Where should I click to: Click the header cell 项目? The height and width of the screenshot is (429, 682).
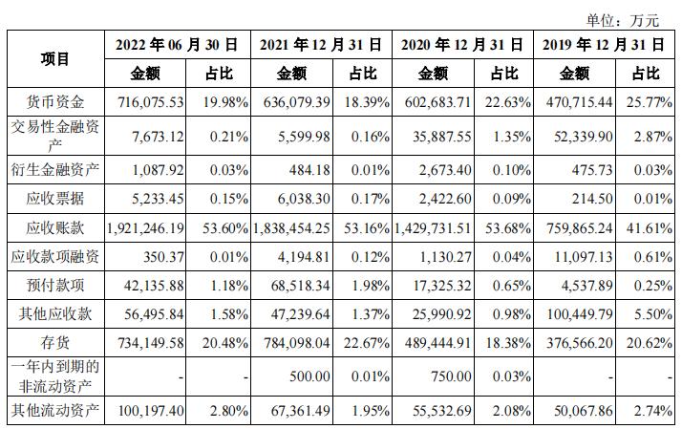(55, 58)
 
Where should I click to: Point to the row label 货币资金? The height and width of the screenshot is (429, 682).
(55, 101)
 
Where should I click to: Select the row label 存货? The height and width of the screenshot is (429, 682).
(55, 341)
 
